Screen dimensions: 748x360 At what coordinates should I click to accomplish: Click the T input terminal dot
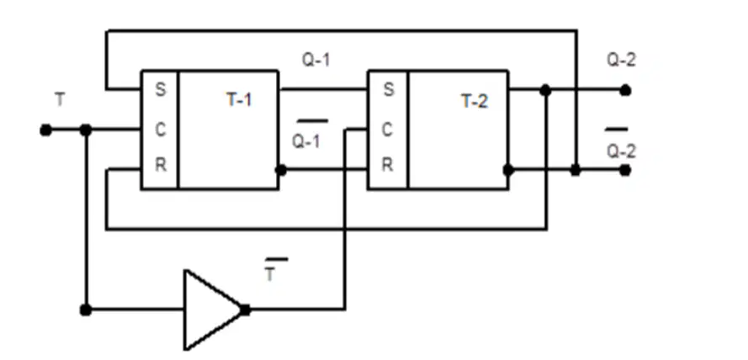click(45, 130)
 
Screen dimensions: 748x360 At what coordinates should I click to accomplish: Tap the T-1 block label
click(239, 100)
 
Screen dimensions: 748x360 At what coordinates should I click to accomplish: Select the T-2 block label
click(475, 101)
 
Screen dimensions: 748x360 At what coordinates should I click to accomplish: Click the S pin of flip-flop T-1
click(161, 89)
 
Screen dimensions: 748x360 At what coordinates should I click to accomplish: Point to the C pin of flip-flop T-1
click(161, 130)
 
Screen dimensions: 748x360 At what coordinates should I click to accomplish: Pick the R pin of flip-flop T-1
click(161, 165)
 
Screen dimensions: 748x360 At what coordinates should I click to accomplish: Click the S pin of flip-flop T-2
click(389, 89)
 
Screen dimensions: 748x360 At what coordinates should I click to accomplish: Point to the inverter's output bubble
click(245, 310)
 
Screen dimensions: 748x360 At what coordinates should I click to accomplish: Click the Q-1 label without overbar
click(316, 60)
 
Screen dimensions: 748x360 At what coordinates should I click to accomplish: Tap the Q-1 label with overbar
click(309, 135)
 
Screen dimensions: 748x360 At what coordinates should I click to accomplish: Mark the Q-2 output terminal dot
click(625, 90)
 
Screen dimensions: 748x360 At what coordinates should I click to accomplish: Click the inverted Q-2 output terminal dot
click(625, 170)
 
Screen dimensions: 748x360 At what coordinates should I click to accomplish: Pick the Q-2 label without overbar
click(621, 60)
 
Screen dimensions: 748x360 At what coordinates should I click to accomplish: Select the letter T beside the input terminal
click(60, 100)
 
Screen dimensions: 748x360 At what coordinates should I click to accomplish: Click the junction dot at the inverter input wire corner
click(86, 310)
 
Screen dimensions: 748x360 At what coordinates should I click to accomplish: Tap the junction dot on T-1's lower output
click(281, 170)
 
